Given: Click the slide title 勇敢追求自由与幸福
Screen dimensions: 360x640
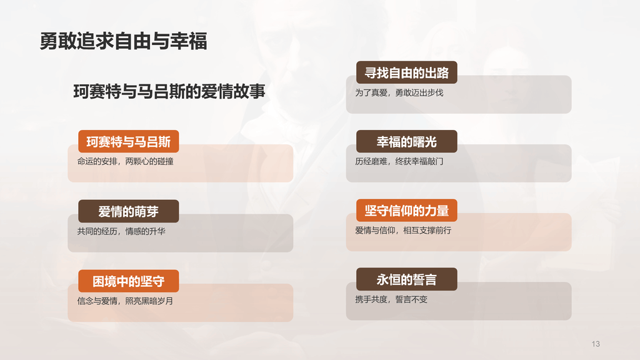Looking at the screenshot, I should point(123,41).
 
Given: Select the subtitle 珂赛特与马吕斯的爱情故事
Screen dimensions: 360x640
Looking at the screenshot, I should point(169,91).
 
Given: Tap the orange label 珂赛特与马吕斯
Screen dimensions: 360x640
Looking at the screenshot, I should point(128,141).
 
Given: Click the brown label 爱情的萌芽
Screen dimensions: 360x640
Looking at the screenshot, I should point(128,211).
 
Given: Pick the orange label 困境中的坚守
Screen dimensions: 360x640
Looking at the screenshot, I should point(128,281).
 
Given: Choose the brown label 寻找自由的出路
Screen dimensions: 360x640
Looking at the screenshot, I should point(407,72).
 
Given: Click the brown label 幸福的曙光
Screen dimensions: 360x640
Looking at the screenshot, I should point(407,142).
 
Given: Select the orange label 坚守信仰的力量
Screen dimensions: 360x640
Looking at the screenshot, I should point(407,211).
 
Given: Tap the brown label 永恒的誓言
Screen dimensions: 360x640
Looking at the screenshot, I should point(407,279).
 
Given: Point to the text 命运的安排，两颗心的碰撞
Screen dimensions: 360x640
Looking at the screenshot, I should point(126,162).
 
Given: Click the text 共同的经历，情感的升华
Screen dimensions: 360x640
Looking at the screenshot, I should point(121,231).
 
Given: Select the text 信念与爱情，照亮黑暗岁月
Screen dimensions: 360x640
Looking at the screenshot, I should point(125,301).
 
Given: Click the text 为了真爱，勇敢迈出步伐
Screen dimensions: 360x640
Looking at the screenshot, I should point(399,93).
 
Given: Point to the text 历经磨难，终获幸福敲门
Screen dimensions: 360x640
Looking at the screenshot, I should point(399,162).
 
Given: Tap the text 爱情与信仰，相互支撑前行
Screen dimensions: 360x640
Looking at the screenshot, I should point(403,231).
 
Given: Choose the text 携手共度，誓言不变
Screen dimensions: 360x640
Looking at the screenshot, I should point(391,299).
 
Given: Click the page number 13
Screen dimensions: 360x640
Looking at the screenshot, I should point(595,344).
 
